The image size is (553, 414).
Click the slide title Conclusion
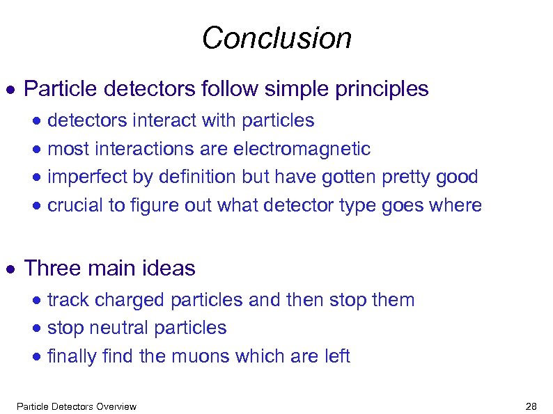[x=276, y=38]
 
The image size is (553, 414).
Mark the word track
[x=68, y=300]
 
